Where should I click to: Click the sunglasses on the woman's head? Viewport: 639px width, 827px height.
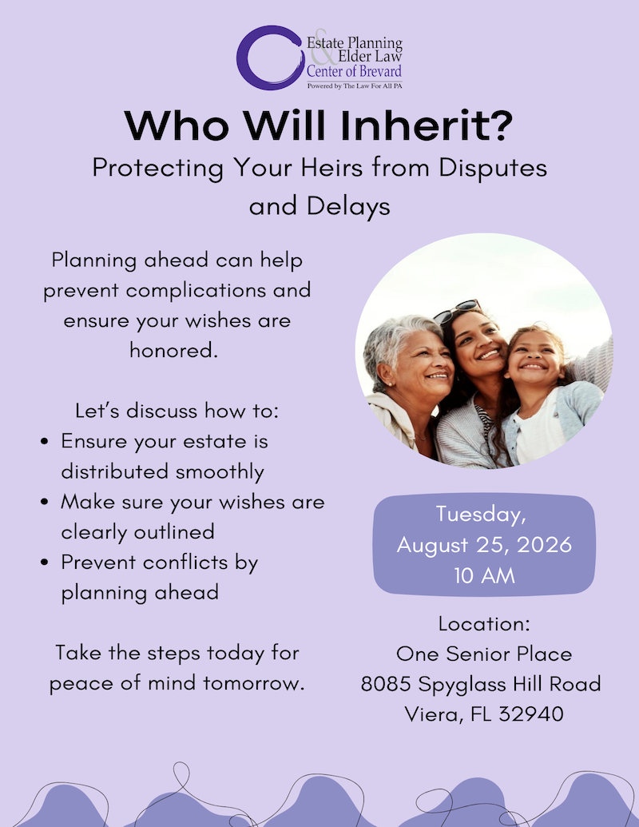pos(457,310)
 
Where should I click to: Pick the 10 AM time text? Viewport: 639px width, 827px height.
pos(484,575)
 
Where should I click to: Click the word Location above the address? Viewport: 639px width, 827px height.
pos(484,623)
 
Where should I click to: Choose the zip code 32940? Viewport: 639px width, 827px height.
pos(530,714)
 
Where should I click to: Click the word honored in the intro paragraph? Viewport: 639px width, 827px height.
pos(173,351)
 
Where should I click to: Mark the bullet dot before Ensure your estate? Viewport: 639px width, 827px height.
pos(47,442)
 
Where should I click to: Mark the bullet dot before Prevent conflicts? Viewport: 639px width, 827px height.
pos(47,563)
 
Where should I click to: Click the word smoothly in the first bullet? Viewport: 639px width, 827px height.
pos(215,471)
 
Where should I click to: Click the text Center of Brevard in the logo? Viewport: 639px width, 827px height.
pos(354,72)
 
